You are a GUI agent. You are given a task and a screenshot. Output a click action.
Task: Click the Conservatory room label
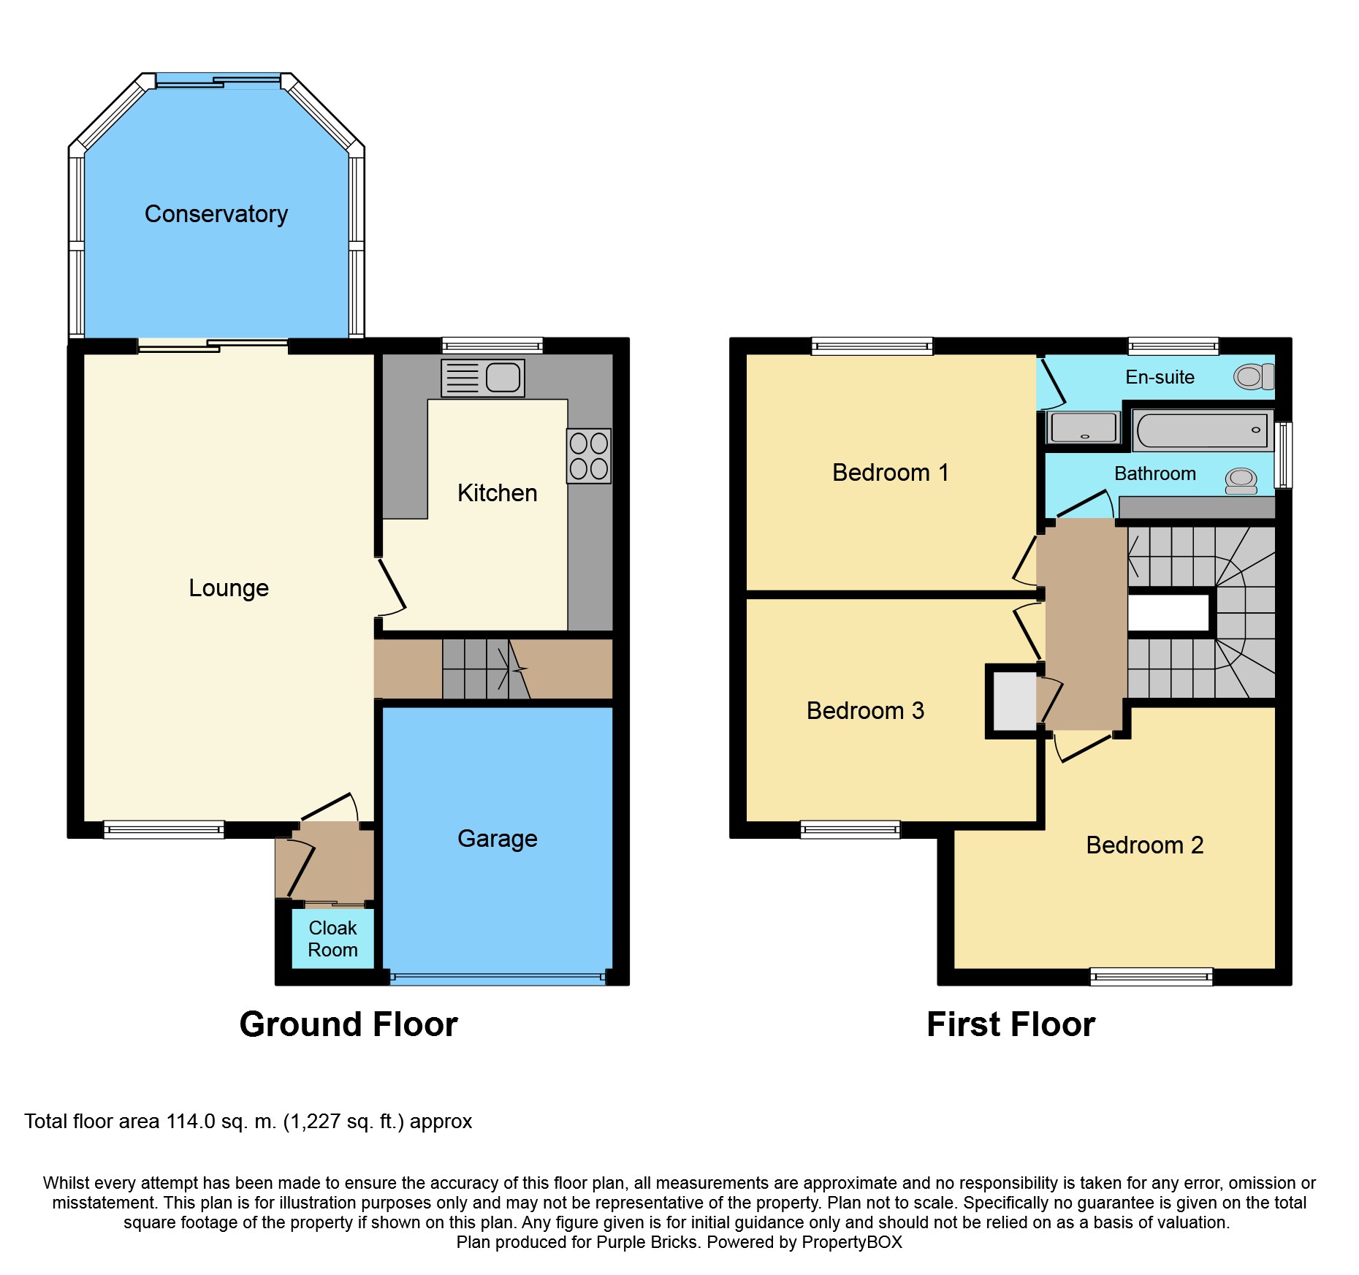(x=216, y=214)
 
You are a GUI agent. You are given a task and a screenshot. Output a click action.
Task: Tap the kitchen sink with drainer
(x=483, y=378)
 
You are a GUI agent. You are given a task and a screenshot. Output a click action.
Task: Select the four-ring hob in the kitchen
(x=589, y=456)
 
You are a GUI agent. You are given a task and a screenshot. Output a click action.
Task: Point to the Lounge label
(x=229, y=588)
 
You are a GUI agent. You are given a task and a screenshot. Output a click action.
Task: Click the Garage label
(x=498, y=839)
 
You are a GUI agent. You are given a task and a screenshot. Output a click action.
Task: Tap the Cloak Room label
(x=332, y=939)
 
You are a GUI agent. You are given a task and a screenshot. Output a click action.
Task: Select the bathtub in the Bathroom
(x=1203, y=430)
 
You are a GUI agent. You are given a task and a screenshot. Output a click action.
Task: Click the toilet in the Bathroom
(x=1241, y=481)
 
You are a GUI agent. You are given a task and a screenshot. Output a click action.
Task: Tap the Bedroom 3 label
(x=865, y=711)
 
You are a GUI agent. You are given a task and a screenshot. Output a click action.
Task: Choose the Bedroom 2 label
(x=1144, y=845)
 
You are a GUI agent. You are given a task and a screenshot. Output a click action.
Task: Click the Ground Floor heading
(x=349, y=1024)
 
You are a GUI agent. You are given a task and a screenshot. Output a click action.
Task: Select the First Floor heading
(x=1011, y=1024)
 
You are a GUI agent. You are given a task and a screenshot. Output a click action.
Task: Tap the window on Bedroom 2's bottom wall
(x=1151, y=976)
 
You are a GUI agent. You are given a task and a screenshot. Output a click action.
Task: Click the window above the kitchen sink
(x=492, y=346)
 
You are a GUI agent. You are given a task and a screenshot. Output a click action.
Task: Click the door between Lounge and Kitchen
(x=391, y=587)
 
